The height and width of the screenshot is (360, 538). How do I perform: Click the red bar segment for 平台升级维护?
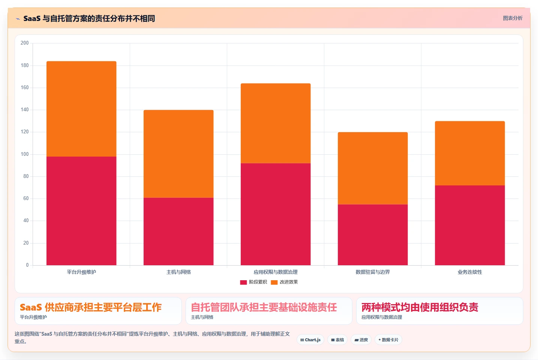pos(81,211)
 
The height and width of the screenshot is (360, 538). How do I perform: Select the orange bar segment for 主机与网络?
pos(178,154)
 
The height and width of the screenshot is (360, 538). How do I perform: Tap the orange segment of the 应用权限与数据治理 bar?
pos(276,123)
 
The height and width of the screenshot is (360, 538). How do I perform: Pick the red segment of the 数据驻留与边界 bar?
pos(373,235)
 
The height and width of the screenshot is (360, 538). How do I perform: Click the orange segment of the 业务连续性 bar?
pos(470,153)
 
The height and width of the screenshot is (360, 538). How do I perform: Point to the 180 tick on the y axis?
pos(24,65)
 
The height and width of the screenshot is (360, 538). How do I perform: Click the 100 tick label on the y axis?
pos(24,154)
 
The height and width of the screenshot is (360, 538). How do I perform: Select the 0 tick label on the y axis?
pos(27,265)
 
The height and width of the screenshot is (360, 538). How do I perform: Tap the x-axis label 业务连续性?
pos(470,272)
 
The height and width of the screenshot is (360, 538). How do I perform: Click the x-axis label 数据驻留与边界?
pos(373,272)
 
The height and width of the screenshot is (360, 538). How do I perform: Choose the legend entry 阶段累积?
pos(253,282)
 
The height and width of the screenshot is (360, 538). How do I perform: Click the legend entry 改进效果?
pos(284,282)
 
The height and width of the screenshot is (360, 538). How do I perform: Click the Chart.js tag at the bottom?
pos(310,340)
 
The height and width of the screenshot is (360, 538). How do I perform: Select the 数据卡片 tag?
pos(388,340)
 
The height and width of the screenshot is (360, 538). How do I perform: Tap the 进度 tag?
pos(361,340)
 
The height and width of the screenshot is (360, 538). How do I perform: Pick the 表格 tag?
pos(337,340)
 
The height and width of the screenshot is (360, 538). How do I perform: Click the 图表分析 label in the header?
pos(513,18)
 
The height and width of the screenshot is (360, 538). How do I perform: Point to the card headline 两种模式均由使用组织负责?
pos(420,307)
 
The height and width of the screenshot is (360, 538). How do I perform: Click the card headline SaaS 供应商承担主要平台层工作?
pos(91,307)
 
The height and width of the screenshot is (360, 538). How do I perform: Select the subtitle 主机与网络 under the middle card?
pos(202,317)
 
